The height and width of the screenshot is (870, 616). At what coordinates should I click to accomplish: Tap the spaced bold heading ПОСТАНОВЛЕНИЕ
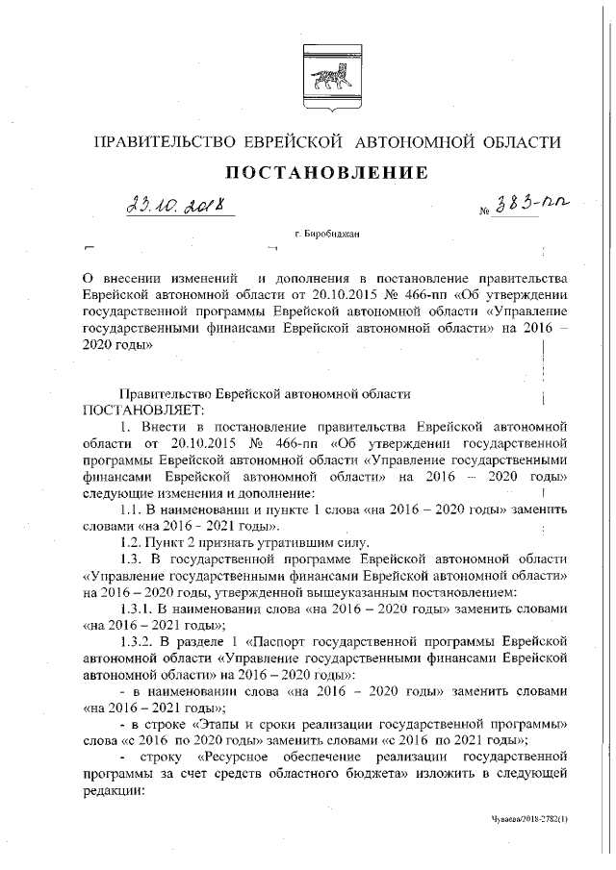pos(326,173)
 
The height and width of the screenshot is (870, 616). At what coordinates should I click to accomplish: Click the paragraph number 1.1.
pos(132,509)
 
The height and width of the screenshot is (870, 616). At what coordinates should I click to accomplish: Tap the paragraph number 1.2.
pos(132,542)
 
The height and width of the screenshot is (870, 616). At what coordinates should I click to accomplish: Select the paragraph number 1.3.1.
pos(138,609)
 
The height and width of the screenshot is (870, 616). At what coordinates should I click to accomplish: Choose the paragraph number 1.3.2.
pos(138,642)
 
